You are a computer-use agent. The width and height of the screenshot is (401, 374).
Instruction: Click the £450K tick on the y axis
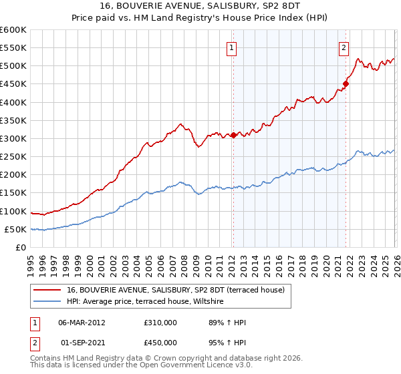click(13, 84)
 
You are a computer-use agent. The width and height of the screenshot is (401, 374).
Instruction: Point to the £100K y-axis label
click(13, 211)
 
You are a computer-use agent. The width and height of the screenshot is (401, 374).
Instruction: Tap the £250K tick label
click(13, 156)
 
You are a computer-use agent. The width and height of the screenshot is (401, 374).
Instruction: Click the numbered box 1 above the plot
click(231, 47)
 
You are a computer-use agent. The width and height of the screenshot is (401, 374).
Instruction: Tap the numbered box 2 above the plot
click(344, 47)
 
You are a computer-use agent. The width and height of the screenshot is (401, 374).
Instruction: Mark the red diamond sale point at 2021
click(346, 83)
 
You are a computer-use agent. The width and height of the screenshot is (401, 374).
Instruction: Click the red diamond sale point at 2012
click(233, 135)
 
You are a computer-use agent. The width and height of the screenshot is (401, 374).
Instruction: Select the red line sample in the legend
click(48, 290)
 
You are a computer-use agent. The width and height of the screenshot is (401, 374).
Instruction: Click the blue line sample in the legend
click(48, 302)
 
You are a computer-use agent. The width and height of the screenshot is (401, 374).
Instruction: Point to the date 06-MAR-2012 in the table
click(82, 323)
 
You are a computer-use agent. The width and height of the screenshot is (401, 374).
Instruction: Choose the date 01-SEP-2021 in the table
click(82, 344)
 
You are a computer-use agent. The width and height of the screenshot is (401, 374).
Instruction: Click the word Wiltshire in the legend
click(213, 302)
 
